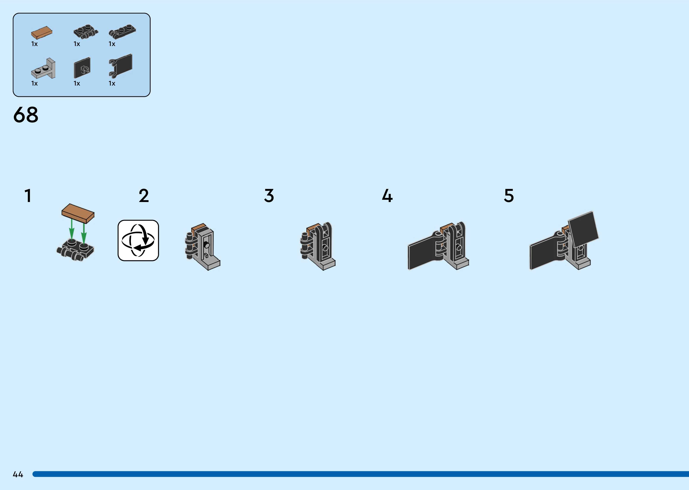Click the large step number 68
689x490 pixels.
click(x=26, y=115)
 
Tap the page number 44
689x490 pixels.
click(x=18, y=474)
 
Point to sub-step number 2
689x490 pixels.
click(x=144, y=196)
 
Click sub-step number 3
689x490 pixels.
click(x=269, y=196)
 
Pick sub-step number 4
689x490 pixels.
click(x=387, y=196)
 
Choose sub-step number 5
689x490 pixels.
click(x=509, y=196)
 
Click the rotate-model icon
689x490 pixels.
click(x=138, y=240)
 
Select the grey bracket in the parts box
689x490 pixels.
click(x=44, y=69)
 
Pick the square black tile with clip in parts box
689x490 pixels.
click(x=82, y=68)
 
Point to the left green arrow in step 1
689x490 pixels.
click(x=72, y=230)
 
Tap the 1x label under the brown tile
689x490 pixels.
click(x=34, y=44)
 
